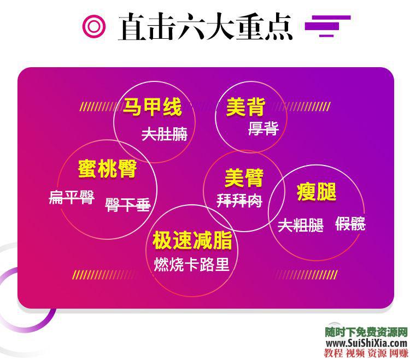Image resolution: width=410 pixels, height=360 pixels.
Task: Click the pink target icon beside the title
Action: point(93,26)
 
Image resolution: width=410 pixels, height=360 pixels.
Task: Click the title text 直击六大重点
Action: point(205,26)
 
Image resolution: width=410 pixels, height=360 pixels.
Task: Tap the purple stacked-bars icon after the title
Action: point(327,25)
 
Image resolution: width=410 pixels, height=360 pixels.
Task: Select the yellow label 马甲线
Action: point(152,107)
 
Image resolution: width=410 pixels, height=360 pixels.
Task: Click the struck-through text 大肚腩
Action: point(164,134)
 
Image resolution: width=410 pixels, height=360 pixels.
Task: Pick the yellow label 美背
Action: point(245,107)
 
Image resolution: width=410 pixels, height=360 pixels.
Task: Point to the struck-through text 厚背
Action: point(263,129)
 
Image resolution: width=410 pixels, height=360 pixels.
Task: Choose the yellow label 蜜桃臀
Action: point(107,169)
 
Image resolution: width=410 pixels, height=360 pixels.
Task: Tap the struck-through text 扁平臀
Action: point(72,197)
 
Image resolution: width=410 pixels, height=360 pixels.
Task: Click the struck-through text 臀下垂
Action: point(127,205)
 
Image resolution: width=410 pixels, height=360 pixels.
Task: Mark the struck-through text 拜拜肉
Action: point(239,201)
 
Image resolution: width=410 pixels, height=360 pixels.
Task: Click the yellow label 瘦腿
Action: point(316,192)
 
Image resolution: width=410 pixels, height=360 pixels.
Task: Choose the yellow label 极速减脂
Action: point(192,240)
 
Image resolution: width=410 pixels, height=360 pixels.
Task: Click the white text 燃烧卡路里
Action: point(191,265)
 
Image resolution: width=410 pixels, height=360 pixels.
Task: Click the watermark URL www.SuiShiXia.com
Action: point(367,342)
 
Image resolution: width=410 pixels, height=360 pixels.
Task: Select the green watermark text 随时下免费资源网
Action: point(367,332)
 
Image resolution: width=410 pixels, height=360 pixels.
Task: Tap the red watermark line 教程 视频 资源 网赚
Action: point(367,352)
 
